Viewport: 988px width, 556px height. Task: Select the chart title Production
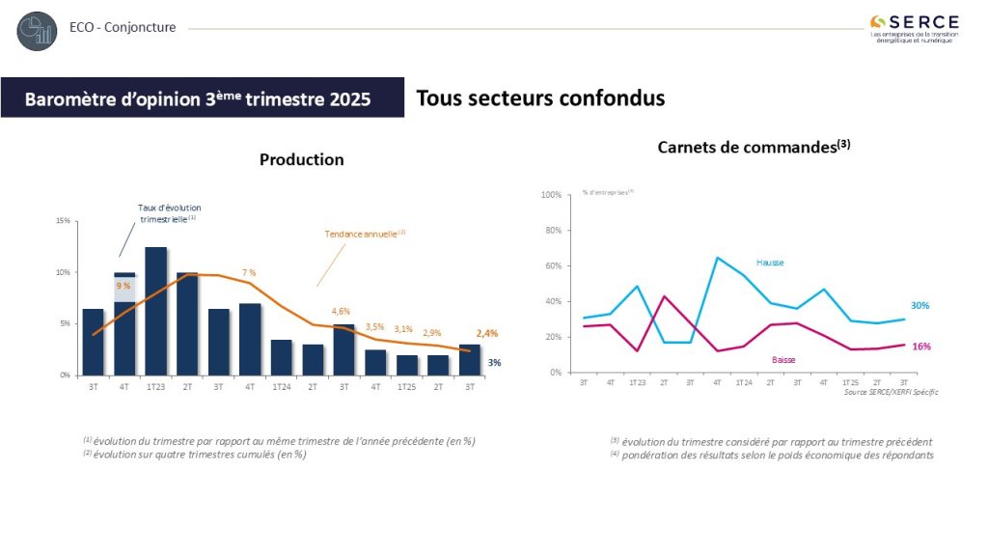coord(301,159)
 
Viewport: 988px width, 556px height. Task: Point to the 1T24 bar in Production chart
coord(282,356)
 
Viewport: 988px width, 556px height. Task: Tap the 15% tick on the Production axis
coord(63,221)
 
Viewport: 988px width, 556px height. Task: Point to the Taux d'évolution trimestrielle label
coord(171,213)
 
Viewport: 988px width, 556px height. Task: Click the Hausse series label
coord(770,262)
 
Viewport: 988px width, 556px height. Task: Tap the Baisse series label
coord(783,359)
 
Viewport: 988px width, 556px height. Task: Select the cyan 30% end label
coord(921,305)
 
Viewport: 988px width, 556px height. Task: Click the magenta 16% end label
coord(921,346)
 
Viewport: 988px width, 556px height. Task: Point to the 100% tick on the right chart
coord(552,195)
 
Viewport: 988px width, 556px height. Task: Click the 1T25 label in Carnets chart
coord(851,382)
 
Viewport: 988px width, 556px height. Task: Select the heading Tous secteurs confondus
coord(540,98)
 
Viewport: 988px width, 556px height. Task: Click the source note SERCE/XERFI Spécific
coord(890,392)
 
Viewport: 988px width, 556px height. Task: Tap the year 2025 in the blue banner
coord(349,99)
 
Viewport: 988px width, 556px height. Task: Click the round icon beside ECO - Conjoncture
coord(37,31)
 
